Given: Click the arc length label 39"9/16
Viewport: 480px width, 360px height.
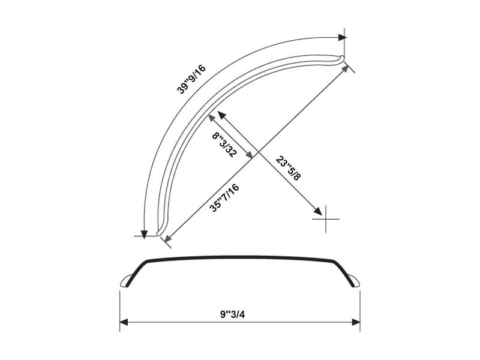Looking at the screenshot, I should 191,79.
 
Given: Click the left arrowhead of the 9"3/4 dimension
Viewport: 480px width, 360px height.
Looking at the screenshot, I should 124,323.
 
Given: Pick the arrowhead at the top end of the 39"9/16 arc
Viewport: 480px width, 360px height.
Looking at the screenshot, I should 342,37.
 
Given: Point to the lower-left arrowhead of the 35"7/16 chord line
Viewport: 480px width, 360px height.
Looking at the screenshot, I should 167,239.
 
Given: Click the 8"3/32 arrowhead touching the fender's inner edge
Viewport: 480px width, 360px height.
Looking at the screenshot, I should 220,115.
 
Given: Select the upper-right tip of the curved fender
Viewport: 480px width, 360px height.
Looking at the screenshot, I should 342,58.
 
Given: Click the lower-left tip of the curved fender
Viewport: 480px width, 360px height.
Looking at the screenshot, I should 159,232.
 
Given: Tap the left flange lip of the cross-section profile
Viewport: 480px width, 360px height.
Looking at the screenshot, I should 127,281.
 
